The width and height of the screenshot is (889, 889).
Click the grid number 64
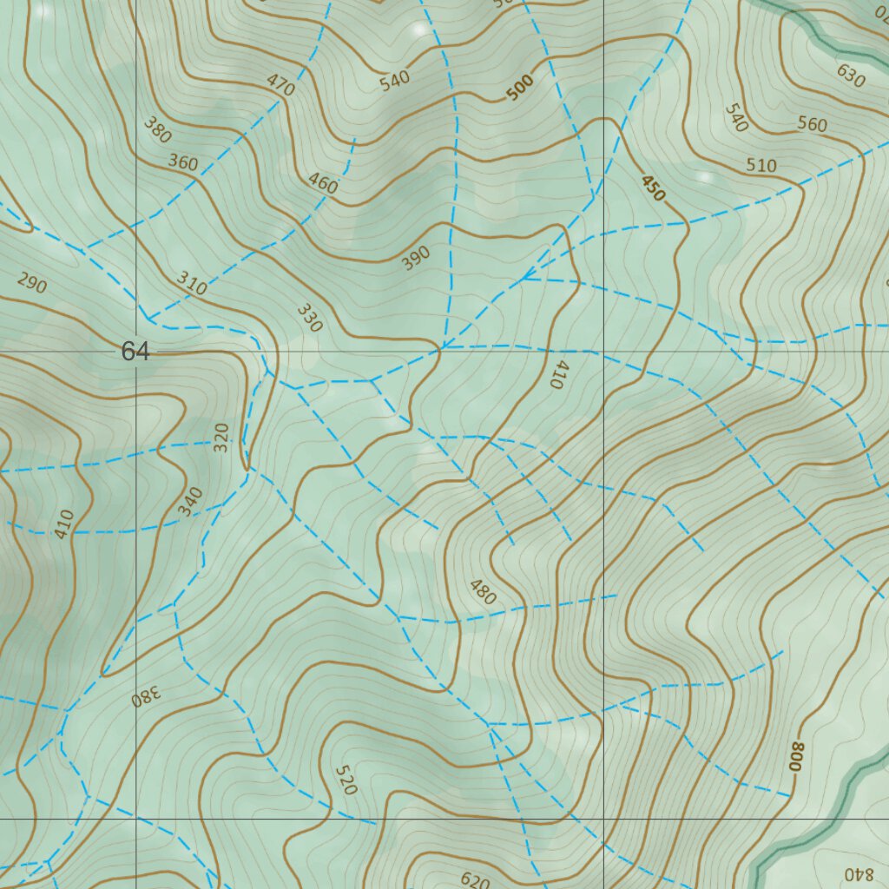pyautogui.click(x=135, y=352)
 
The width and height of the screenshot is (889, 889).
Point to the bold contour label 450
pyautogui.click(x=653, y=188)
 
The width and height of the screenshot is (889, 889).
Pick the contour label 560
pyautogui.click(x=812, y=125)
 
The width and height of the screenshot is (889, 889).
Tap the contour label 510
pyautogui.click(x=761, y=166)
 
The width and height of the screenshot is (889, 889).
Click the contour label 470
pyautogui.click(x=280, y=85)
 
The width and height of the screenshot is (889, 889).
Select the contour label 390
pyautogui.click(x=416, y=258)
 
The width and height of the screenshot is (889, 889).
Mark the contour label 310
pyautogui.click(x=192, y=283)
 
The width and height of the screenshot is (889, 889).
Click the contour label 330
pyautogui.click(x=309, y=319)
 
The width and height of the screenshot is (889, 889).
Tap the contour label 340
pyautogui.click(x=190, y=502)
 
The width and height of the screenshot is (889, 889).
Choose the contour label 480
pyautogui.click(x=483, y=591)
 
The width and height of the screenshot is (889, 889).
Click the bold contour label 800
pyautogui.click(x=797, y=757)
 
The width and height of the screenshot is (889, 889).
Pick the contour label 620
pyautogui.click(x=475, y=880)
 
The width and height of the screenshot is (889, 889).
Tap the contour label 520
pyautogui.click(x=345, y=780)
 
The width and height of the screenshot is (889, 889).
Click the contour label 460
pyautogui.click(x=323, y=183)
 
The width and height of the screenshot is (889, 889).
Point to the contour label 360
pyautogui.click(x=183, y=161)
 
